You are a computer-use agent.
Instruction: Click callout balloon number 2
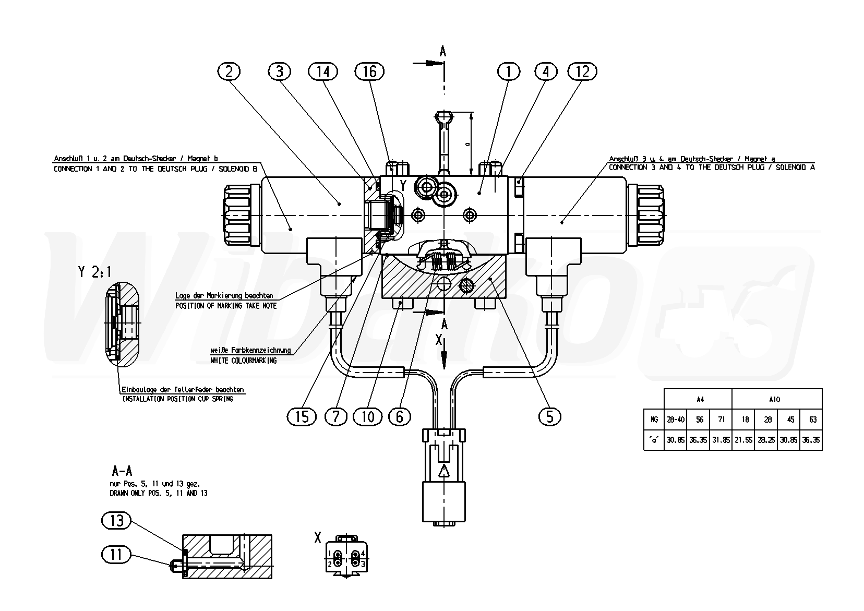click(229, 71)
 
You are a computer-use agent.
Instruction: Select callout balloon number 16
click(369, 71)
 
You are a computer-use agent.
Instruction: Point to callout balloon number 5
click(549, 416)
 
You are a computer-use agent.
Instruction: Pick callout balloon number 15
click(302, 416)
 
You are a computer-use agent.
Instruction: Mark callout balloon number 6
click(400, 416)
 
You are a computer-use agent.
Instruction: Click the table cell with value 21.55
click(743, 440)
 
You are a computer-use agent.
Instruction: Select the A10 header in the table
click(774, 400)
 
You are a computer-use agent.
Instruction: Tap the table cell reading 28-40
click(676, 420)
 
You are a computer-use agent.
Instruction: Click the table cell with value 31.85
click(721, 440)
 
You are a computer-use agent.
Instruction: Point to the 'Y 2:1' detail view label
click(94, 271)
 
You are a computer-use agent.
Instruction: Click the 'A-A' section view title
click(121, 471)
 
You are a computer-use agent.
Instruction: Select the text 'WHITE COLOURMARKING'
click(243, 361)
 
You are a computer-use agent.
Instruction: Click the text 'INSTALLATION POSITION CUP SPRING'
click(177, 399)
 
